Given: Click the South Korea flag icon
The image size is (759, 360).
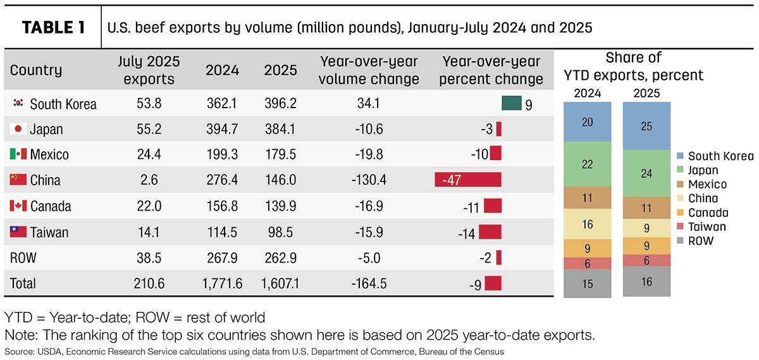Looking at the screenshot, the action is [18, 102].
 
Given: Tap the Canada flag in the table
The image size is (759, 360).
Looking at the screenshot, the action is [18, 206].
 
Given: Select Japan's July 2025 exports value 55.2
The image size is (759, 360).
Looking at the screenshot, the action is [149, 129].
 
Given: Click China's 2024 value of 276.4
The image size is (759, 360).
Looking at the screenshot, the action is [222, 180].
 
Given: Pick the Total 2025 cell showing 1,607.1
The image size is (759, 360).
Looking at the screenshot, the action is [280, 283].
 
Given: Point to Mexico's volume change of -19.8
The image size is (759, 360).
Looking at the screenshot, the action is [369, 154].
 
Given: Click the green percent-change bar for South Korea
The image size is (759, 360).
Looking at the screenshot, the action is [512, 103].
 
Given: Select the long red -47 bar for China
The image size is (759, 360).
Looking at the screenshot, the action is [468, 180].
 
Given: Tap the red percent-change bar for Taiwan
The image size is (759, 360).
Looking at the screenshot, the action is [490, 232].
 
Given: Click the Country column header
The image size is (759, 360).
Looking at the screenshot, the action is [36, 70].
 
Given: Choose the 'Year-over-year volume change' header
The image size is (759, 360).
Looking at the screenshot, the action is [369, 70].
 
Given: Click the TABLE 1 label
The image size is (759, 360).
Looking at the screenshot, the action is [53, 27].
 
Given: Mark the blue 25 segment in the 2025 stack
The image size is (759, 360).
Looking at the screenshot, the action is [646, 126].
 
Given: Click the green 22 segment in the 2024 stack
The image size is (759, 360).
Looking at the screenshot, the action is [588, 164].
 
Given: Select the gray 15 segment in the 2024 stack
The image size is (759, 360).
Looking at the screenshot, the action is [588, 283].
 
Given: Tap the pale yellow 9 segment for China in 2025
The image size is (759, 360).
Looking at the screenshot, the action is [646, 228].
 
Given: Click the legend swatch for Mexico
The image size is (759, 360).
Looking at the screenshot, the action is [680, 184].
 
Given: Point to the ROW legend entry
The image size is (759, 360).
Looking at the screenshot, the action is [695, 240].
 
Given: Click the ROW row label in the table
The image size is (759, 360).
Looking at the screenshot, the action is [23, 258].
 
